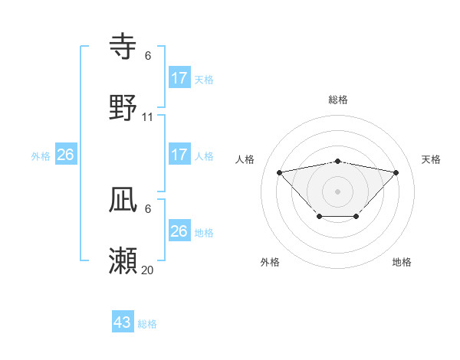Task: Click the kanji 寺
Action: coord(124,46)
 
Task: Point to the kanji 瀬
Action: coord(124,261)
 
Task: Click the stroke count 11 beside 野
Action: coord(148,117)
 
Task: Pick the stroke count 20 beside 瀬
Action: coord(148,270)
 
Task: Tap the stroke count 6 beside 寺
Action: coord(148,56)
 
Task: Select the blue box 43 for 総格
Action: coord(123,322)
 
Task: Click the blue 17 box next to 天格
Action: coord(179,77)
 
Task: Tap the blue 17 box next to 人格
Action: coord(179,155)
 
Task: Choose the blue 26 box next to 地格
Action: coord(179,231)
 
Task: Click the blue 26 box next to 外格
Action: coord(65,155)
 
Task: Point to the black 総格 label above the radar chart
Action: coord(337,100)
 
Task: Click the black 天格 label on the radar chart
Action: coord(432,159)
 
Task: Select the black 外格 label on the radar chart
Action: coord(270,262)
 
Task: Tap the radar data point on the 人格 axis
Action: coord(279,172)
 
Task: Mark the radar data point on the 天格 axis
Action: coord(396,172)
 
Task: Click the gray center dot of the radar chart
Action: coord(337,190)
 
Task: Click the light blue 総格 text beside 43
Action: coord(147,324)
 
